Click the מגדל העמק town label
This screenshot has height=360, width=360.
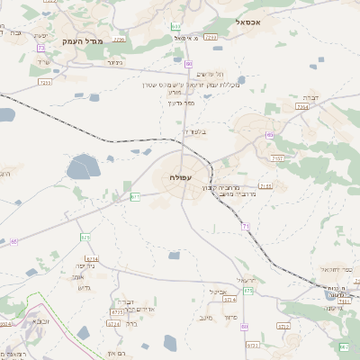[x=84, y=41]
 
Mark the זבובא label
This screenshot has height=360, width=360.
[x=41, y=319]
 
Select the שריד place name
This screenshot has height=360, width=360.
[x=42, y=61]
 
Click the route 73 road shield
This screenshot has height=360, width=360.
[x=41, y=48]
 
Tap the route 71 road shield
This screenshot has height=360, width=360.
[x=246, y=226]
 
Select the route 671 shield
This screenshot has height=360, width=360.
[x=134, y=195]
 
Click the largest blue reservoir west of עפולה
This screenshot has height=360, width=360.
[x=83, y=166]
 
